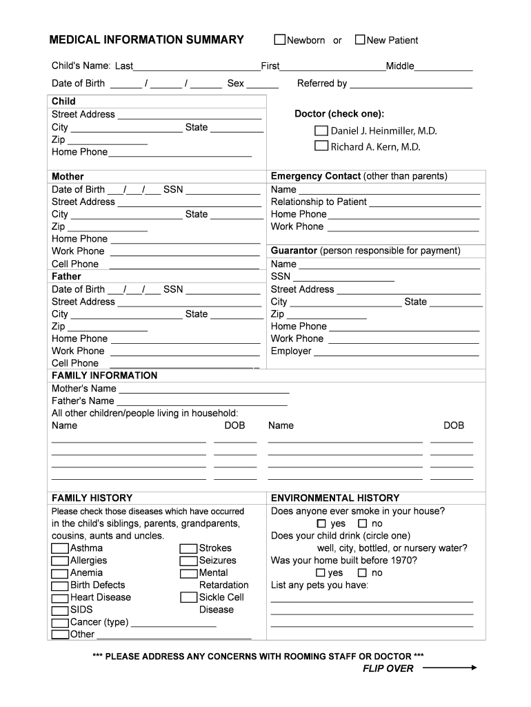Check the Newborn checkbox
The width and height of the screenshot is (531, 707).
(x=280, y=40)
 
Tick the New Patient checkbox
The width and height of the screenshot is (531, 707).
(x=360, y=40)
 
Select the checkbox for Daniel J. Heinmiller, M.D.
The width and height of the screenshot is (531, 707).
(x=321, y=130)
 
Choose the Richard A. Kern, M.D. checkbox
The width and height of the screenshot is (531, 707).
(x=321, y=146)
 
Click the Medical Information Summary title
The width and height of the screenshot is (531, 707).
(x=146, y=40)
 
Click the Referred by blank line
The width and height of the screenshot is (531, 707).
(x=411, y=87)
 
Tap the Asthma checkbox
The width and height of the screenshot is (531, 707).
(x=60, y=549)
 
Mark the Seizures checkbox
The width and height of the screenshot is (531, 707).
(x=189, y=561)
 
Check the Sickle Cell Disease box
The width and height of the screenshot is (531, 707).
(x=189, y=598)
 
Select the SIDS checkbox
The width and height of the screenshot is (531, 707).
(x=60, y=610)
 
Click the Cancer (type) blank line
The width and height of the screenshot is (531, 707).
(x=174, y=626)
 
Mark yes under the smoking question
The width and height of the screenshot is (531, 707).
(x=321, y=524)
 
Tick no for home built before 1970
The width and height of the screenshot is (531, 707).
(x=362, y=573)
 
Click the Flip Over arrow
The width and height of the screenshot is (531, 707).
(x=449, y=668)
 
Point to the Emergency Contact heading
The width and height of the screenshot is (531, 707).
(x=315, y=176)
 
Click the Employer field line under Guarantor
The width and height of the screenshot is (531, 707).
(x=397, y=355)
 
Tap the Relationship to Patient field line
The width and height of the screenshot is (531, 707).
(x=425, y=206)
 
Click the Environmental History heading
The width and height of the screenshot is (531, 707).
(x=335, y=498)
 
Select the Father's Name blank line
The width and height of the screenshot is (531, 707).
(x=202, y=405)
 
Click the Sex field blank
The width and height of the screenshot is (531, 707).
(x=263, y=87)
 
